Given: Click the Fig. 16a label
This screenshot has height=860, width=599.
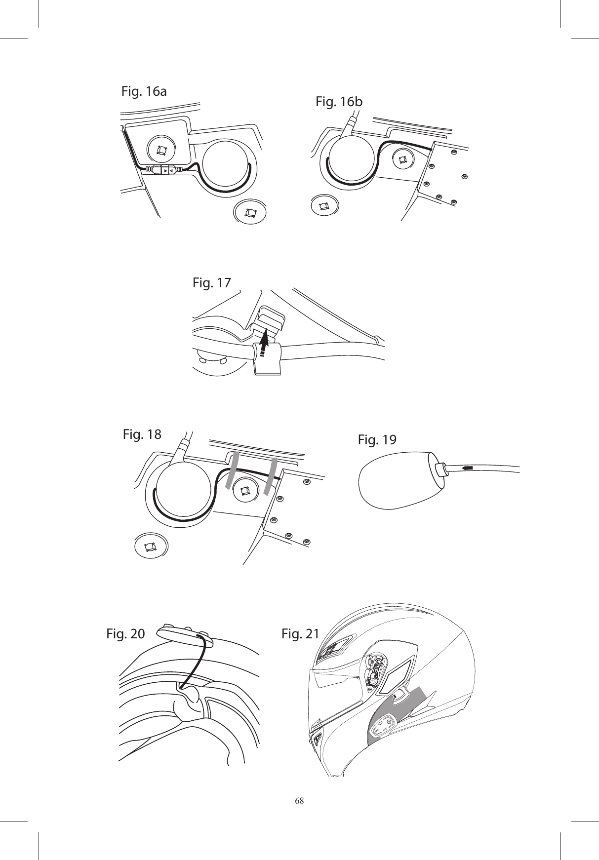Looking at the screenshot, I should [144, 91].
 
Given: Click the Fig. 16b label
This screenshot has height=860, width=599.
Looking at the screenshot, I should [339, 102].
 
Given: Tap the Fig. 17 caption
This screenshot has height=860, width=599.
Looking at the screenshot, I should [211, 283].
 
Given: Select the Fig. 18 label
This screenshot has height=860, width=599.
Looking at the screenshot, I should [141, 434].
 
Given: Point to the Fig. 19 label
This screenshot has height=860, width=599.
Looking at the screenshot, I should [377, 439].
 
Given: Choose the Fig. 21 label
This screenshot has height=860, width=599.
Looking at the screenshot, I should [300, 633].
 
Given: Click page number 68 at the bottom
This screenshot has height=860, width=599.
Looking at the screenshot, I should [299, 800].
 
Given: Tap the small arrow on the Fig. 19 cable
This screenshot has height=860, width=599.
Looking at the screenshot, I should [468, 467].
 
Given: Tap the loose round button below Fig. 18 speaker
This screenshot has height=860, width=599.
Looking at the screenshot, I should [150, 547].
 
